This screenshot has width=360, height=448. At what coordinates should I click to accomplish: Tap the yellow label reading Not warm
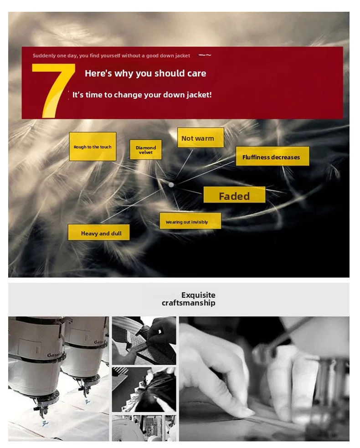pos(201,137)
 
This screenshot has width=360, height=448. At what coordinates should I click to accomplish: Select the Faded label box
pos(234,195)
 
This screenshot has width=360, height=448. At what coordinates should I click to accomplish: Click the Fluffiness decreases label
pos(272,156)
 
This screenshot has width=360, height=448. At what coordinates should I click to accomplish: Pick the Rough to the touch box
pos(93,147)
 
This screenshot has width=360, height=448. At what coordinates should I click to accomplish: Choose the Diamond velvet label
pos(145,149)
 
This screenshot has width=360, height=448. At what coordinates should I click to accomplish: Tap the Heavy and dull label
pos(98,232)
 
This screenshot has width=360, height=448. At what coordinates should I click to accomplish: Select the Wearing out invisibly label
pos(190,221)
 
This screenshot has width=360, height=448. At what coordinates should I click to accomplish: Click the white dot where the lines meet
pos(171,185)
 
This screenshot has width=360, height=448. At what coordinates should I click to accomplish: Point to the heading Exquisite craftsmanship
pos(189,299)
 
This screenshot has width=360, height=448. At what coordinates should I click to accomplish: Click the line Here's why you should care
pos(145,73)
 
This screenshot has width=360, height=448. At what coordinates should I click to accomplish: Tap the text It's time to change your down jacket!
pos(142,95)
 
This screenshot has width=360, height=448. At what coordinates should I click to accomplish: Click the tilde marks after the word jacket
pos(205,55)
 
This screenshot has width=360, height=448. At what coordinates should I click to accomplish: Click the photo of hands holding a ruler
pos(144,341)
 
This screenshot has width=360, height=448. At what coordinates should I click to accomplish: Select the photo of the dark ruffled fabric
pos(144,390)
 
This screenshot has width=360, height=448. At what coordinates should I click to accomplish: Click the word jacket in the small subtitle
pos(183,56)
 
